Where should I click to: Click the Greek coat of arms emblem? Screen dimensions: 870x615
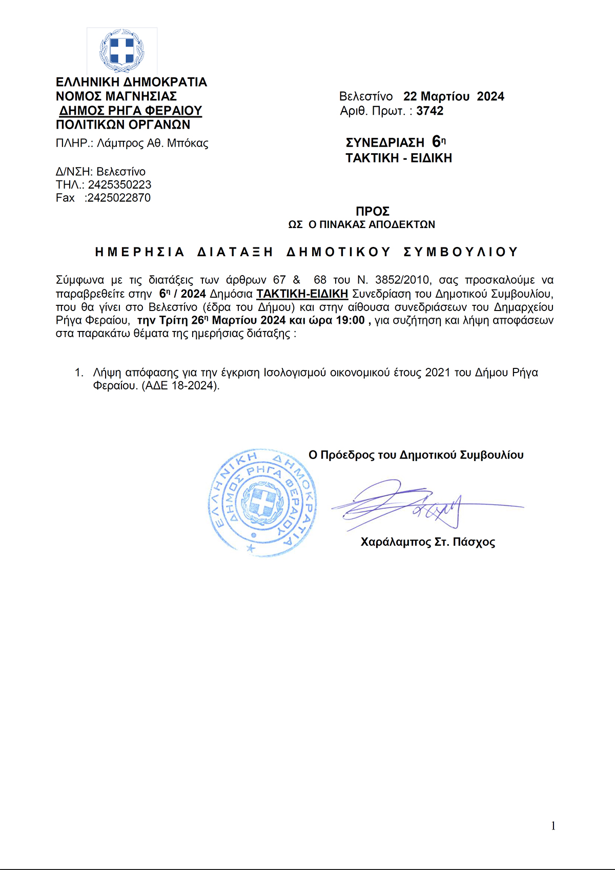click(122, 51)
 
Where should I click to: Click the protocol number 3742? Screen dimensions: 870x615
click(429, 111)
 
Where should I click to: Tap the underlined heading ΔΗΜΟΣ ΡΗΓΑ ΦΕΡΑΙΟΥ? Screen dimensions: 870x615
click(131, 111)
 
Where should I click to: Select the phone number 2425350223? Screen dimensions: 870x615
click(119, 184)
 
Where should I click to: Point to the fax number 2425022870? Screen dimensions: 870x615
click(118, 198)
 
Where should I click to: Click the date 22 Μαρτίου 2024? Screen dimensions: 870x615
click(454, 96)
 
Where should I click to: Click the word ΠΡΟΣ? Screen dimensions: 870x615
click(373, 211)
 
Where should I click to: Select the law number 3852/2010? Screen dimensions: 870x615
click(402, 280)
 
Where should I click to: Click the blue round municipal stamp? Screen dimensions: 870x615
click(262, 502)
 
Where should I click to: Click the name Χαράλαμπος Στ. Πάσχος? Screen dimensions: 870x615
click(427, 542)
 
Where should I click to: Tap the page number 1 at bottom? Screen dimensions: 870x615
click(553, 825)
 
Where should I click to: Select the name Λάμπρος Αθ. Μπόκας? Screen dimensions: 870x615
click(153, 143)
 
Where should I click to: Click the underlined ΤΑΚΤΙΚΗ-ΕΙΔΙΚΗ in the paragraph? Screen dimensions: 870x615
click(302, 294)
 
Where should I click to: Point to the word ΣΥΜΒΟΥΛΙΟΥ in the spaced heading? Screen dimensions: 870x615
click(461, 252)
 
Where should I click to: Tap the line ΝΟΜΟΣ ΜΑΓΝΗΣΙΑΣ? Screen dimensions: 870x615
click(116, 96)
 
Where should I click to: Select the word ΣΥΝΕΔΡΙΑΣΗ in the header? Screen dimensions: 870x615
click(385, 142)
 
